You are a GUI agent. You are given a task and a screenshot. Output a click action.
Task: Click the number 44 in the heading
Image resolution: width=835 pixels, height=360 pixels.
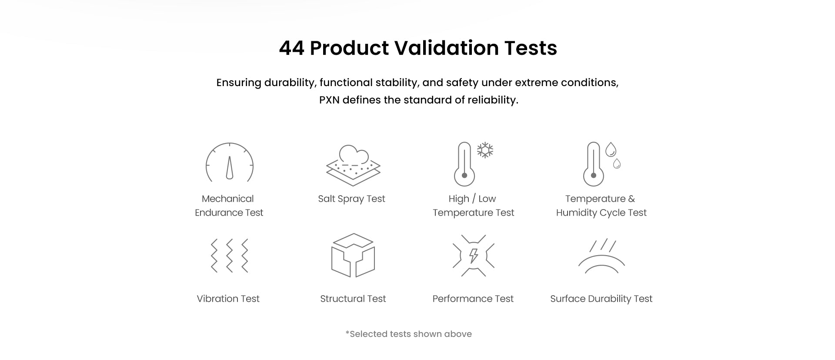[291, 48]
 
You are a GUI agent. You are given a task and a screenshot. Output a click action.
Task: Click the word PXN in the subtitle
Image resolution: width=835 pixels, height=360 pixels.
[329, 100]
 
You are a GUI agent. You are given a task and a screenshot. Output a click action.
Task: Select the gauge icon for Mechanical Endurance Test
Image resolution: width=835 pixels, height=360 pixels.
[229, 162]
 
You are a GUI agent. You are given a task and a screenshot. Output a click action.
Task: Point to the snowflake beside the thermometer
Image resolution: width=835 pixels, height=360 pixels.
[485, 150]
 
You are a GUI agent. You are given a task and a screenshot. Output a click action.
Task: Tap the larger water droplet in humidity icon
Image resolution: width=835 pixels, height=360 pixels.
[611, 150]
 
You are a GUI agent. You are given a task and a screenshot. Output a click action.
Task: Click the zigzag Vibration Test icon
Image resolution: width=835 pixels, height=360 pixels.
[229, 256]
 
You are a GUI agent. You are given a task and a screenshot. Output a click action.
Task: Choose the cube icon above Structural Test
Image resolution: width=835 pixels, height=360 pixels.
[353, 255]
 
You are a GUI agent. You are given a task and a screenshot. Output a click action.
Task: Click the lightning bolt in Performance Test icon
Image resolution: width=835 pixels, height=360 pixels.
[474, 256]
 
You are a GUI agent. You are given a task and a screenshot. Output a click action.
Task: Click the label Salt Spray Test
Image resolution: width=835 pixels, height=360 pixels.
[351, 199]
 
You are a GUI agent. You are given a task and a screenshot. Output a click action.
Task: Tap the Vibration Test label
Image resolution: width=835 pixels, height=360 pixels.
[228, 299]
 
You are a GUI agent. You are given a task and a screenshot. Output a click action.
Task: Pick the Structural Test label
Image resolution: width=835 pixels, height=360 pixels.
[353, 299]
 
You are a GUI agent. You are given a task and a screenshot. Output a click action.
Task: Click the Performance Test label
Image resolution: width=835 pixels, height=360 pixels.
[473, 299]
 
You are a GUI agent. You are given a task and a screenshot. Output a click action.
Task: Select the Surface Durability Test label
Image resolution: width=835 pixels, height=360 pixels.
[601, 299]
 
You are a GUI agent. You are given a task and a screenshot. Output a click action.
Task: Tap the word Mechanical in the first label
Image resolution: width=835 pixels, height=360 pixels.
[227, 199]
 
